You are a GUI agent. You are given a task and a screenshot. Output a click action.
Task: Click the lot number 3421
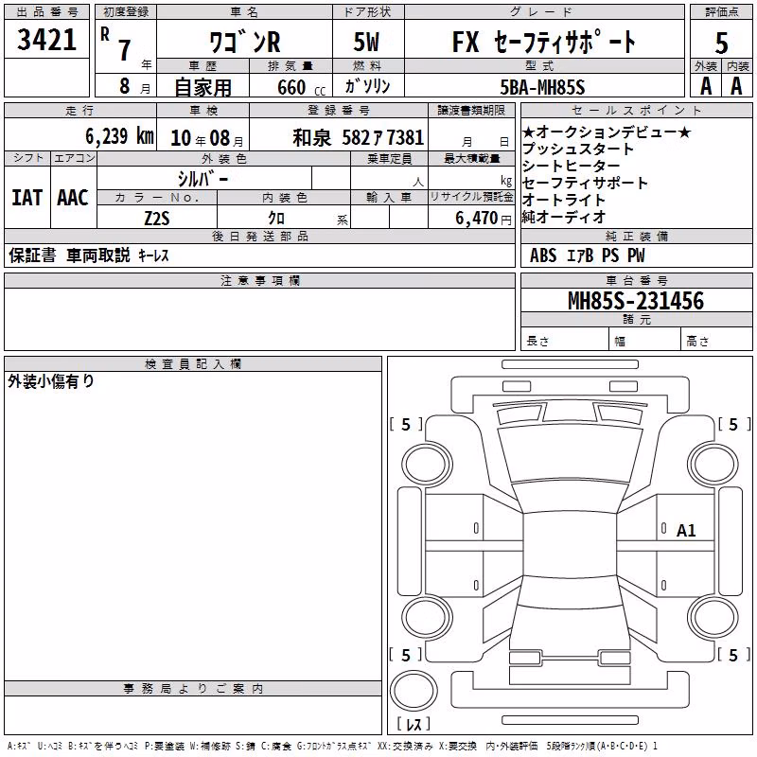pos(46,40)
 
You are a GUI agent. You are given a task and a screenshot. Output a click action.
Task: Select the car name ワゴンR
pos(245,42)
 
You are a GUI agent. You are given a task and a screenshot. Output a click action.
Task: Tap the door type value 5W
pos(367,42)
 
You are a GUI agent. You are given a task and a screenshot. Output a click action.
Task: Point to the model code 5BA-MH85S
pos(542,87)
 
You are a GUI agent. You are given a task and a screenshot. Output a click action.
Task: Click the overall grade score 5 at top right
pos(721,43)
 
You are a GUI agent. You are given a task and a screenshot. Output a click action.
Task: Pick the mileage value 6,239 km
pos(119,136)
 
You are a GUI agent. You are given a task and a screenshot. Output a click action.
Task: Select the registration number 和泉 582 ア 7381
pos(359,138)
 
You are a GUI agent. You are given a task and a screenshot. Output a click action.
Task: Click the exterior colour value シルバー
pos(202,179)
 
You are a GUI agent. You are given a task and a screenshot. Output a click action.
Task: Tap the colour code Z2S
pos(157,219)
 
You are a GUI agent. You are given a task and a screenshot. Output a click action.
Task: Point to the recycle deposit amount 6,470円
pos(484,219)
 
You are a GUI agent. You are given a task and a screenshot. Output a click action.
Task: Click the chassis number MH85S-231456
pos(636,301)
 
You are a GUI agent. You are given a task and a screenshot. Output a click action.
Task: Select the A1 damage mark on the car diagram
pos(685,531)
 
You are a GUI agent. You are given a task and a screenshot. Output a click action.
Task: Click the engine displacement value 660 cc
pos(301,87)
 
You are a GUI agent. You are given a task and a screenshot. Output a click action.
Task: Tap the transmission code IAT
pos(27,198)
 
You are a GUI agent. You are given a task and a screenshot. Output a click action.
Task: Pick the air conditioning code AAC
pos(73,198)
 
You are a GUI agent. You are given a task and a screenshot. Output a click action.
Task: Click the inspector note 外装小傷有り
pos(51,381)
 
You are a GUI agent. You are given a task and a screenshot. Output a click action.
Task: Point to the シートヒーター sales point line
pos(572,167)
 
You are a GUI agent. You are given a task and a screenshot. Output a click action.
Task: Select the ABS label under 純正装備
pos(543,255)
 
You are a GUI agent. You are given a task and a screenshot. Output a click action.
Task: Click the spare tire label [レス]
pos(414,724)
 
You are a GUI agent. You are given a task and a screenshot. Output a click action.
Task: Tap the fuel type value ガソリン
pos(367,86)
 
